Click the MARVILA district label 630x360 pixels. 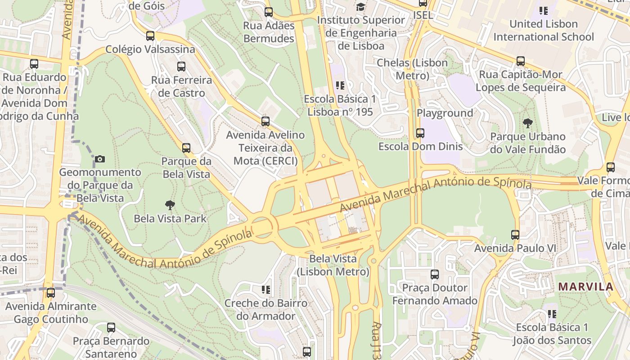(585, 287)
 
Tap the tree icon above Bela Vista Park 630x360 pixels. (170, 205)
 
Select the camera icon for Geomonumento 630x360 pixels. (100, 159)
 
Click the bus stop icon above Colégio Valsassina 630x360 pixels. (150, 36)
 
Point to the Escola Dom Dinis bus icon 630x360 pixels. (420, 133)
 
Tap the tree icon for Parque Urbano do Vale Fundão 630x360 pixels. (527, 123)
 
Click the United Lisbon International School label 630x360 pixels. (544, 30)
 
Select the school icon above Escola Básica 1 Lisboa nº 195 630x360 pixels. (340, 85)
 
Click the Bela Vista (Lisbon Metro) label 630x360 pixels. (333, 265)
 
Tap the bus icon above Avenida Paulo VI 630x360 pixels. (515, 235)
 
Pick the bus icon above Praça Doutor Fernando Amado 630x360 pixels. (434, 274)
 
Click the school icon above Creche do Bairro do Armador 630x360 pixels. (265, 289)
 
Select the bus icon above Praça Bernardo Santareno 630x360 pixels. (111, 328)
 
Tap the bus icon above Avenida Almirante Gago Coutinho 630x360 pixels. (51, 293)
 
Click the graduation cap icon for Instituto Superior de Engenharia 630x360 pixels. (360, 7)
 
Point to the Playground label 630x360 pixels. (445, 113)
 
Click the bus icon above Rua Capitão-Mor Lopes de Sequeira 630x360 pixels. (521, 61)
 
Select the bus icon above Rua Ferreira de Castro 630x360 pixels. (181, 67)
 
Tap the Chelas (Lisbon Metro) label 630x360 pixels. (412, 69)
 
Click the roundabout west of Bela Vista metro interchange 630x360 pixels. (262, 225)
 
